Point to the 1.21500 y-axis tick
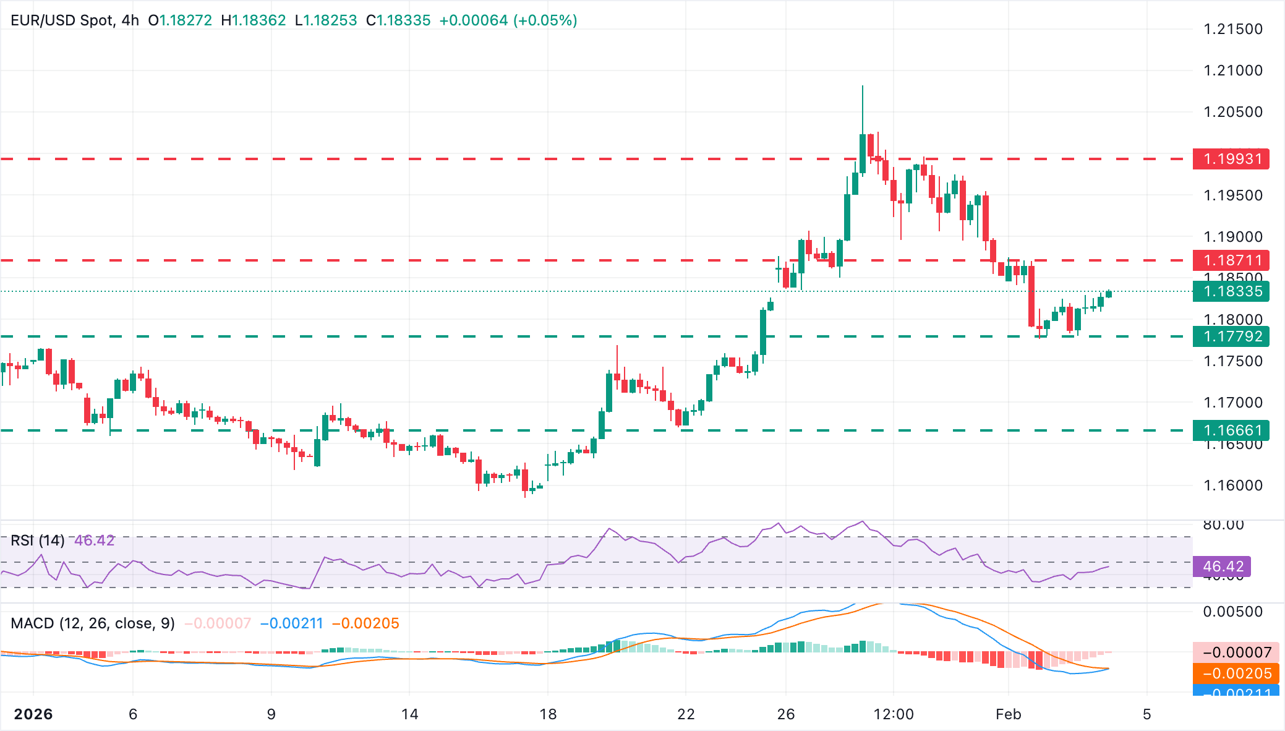pos(1233,29)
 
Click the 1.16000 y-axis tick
pos(1233,485)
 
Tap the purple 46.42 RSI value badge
pos(1223,566)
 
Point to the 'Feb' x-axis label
pos(1008,714)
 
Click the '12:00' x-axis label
pos(894,714)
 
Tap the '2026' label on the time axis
pos(33,714)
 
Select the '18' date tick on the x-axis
pos(548,714)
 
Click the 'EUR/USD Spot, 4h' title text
pos(75,20)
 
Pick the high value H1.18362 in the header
pos(254,20)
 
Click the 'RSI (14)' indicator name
pos(38,541)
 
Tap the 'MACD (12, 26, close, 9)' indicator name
pos(93,623)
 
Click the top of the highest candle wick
pos(863,87)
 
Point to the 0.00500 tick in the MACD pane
pos(1233,612)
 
